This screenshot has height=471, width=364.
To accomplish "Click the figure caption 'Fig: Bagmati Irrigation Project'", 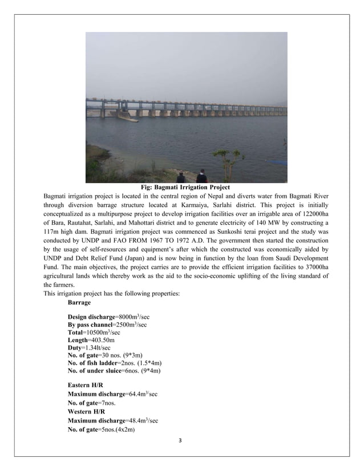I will point(185,187).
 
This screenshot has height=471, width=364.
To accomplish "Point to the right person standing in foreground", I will point(201,176).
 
